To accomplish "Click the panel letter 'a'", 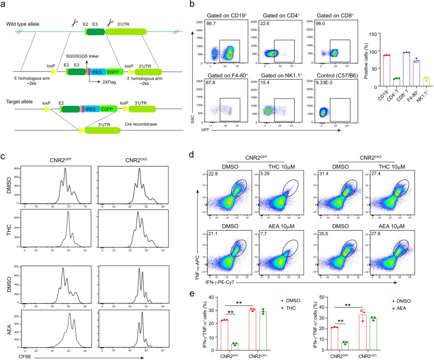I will pos(5,4).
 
